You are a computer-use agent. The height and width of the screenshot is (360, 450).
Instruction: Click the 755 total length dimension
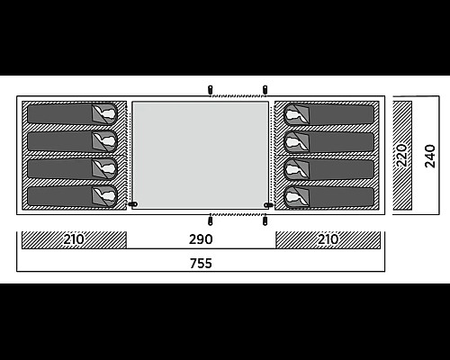[201, 264]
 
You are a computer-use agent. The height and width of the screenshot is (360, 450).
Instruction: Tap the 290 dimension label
[201, 239]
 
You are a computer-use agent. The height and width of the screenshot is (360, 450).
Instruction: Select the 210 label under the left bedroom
[74, 239]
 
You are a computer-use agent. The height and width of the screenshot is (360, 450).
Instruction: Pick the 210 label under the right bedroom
[328, 239]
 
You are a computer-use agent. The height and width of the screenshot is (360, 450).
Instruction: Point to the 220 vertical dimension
[401, 156]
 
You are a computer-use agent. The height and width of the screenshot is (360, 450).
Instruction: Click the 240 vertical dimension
[430, 156]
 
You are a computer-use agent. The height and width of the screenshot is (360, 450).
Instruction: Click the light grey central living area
[201, 155]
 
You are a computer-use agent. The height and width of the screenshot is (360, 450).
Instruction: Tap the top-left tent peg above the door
[210, 90]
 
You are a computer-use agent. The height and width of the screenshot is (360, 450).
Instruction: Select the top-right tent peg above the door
[265, 90]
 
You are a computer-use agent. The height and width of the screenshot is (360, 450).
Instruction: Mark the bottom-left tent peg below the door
[210, 221]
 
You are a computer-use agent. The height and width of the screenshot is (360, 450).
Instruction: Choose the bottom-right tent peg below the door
[265, 221]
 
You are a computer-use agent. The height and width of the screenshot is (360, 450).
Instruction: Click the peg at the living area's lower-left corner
[133, 204]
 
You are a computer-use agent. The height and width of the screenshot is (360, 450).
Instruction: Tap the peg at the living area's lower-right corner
[268, 205]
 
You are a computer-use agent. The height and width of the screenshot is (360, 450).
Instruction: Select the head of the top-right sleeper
[292, 114]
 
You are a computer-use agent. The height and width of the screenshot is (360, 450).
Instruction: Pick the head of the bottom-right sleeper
[292, 197]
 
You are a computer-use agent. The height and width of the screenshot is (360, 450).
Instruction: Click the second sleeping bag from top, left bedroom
[72, 141]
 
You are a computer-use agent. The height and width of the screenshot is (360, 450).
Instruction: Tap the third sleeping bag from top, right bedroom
[329, 169]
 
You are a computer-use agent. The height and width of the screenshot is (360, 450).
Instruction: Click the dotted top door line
[238, 96]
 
